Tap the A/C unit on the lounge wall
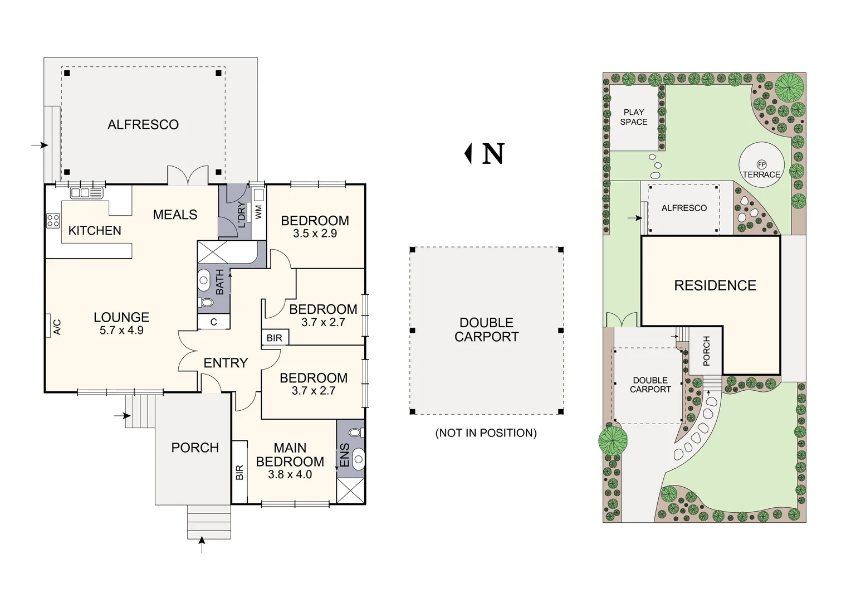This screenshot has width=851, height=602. point(56,326)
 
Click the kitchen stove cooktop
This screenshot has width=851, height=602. point(53,221)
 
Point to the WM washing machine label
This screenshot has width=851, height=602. point(258,212)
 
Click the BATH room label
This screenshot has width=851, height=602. point(220,281)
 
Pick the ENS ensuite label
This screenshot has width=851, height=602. point(345,455)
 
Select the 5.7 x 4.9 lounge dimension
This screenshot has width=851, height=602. point(121,330)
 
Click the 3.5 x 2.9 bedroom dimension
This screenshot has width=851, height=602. point(315,234)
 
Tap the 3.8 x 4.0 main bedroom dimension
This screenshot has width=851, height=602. point(290,474)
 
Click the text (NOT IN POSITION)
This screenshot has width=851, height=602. point(486,433)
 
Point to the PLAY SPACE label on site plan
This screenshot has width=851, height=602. point(634,117)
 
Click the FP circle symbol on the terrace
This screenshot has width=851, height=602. point(761,164)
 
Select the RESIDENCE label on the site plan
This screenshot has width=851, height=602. point(715,285)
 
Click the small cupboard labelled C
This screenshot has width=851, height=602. point(213,322)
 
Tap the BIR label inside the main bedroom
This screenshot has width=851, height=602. point(239,473)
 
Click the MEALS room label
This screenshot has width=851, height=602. point(175,215)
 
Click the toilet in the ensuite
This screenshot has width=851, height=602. point(354,433)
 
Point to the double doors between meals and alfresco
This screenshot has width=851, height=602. point(188,176)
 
